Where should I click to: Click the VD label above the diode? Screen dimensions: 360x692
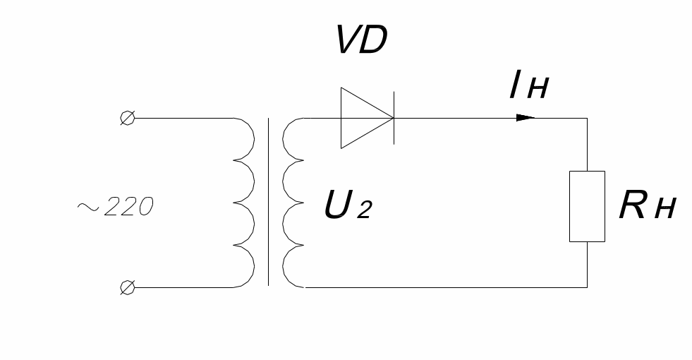point(360,43)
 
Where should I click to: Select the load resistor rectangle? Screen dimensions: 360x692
point(587,206)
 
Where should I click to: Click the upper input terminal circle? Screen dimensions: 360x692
point(127,119)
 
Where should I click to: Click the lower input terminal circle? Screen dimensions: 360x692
point(127,287)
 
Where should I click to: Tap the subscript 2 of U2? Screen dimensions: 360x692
point(363,210)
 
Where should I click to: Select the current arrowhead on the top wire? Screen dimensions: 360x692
point(526,118)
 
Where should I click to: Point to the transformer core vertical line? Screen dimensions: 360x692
point(268,202)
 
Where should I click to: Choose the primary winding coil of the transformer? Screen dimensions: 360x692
point(243,202)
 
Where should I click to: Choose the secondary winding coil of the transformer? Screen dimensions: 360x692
point(292,202)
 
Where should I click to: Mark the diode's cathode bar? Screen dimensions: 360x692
point(392,118)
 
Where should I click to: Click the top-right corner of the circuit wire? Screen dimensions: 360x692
point(587,119)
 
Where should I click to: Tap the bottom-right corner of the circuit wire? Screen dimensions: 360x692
point(587,287)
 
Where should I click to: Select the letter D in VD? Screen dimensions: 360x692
point(374,43)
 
